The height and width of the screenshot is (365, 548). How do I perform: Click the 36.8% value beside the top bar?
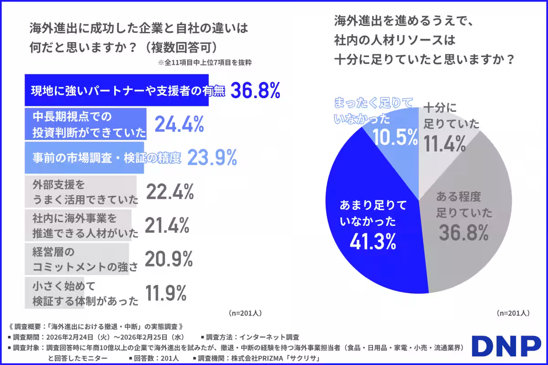255,91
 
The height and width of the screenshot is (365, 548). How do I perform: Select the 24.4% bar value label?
179,124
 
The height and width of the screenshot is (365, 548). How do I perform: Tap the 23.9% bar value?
212,158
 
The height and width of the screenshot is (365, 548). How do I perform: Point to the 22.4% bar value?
170,193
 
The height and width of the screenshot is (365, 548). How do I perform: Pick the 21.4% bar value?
167,226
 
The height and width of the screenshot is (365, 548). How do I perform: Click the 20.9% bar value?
169,259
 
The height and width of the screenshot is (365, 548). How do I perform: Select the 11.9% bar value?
166,293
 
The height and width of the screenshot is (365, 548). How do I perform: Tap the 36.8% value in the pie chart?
464,234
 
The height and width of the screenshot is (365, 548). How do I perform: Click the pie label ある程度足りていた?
464,204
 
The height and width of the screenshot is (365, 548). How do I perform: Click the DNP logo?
506,347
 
